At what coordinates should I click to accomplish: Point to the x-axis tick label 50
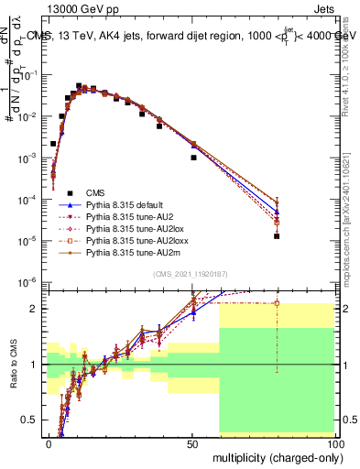[192, 442]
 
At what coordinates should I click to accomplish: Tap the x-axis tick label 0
[49, 442]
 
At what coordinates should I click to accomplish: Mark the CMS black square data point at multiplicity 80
[277, 235]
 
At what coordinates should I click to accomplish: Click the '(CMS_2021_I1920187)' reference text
[191, 274]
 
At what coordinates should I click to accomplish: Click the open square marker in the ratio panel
[277, 302]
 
